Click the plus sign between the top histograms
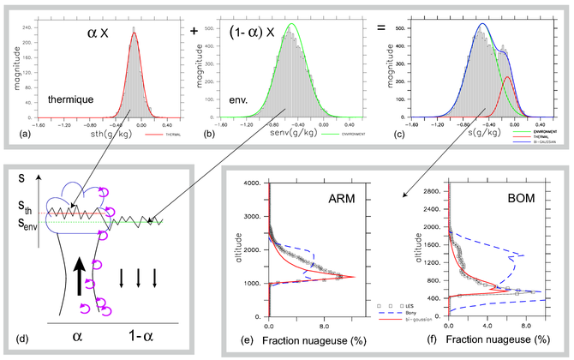pos(193,29)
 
